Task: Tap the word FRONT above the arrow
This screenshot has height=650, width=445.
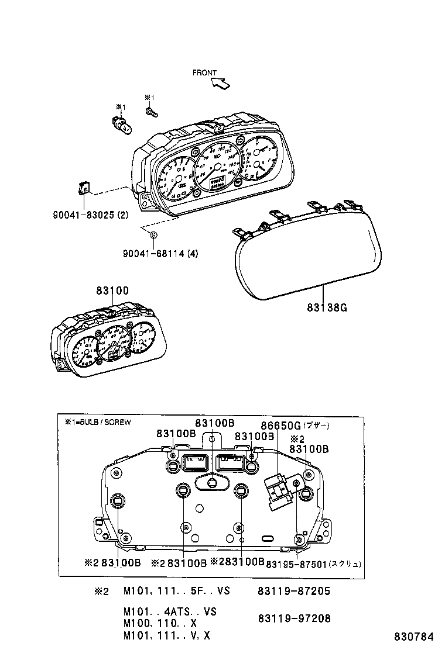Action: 205,73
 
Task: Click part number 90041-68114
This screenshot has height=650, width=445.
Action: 154,254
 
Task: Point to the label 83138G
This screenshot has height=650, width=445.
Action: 327,307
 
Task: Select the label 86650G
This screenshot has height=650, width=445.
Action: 280,425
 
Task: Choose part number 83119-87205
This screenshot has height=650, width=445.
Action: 293,591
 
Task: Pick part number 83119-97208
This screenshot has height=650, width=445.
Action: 293,618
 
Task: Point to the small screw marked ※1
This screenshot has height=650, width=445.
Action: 150,109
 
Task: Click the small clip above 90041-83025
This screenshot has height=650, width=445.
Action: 84,188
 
